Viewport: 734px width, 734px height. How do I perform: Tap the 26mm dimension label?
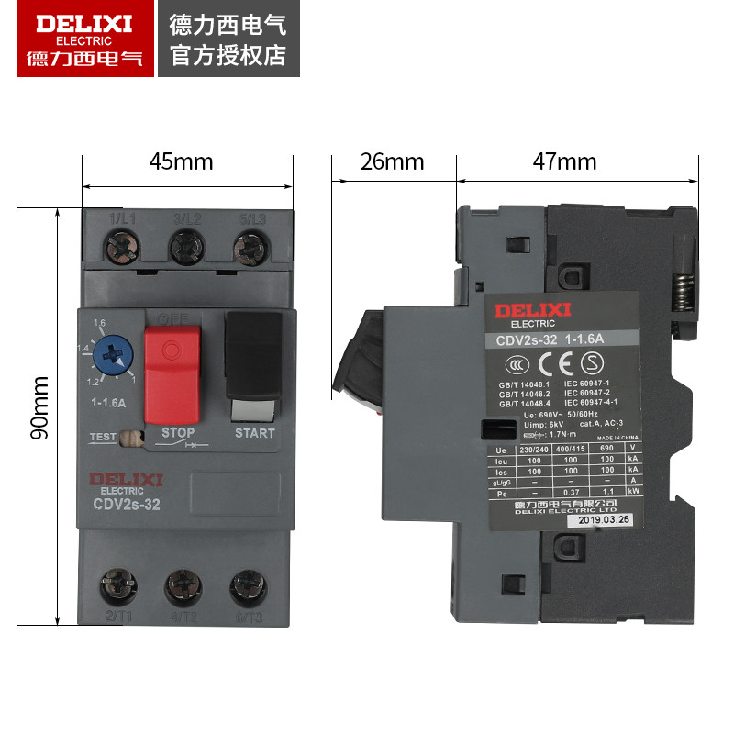(392, 162)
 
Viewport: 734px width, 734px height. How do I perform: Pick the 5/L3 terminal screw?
(249, 247)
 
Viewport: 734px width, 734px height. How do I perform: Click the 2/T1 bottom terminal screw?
(119, 584)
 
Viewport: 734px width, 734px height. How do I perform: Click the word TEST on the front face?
(103, 437)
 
